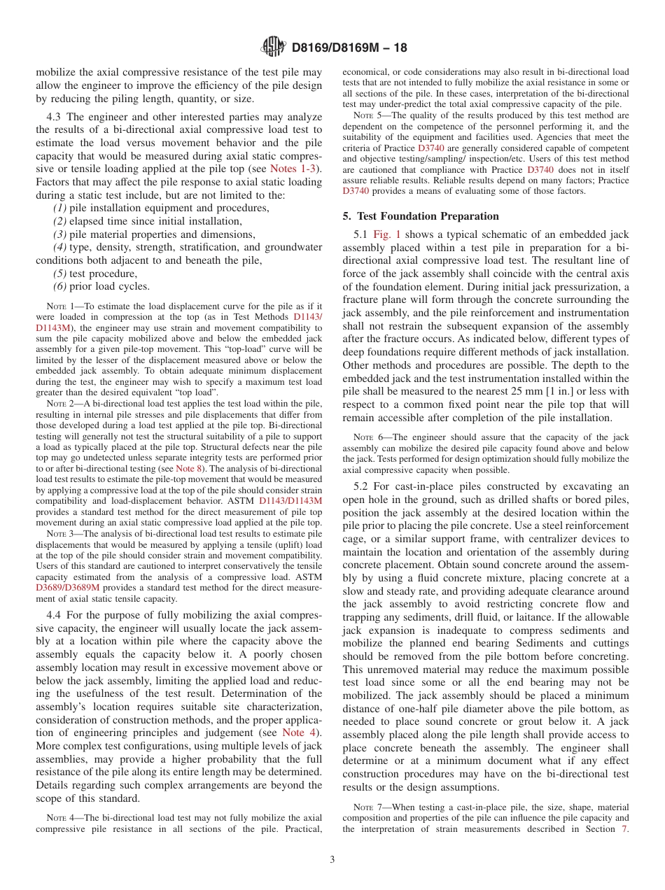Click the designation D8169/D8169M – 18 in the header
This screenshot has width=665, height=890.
click(349, 48)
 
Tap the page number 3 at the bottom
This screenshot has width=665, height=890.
click(332, 859)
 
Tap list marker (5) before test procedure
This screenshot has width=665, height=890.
click(61, 274)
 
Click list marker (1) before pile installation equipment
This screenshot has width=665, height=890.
click(61, 208)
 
